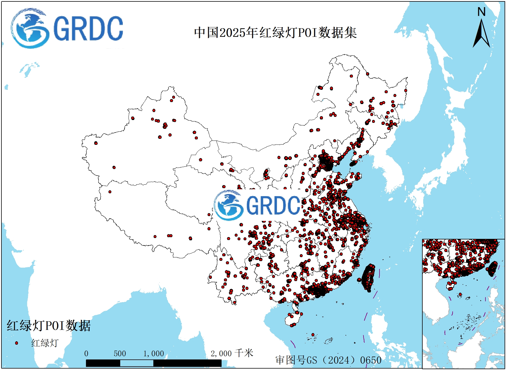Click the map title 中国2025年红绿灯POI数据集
pos(275,32)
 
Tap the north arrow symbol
pos(481,34)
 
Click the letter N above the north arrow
pos(481,12)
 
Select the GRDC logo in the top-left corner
pos(67,29)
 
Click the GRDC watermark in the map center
pos(257,205)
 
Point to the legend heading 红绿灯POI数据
pos(49,326)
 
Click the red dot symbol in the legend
pos(17,343)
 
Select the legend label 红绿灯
pos(45,343)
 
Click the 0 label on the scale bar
pos(86,354)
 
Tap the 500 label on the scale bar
pos(120,354)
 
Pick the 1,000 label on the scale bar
pos(154,354)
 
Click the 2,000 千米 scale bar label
pos(232,353)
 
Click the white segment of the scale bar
pos(136,363)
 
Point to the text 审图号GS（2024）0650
pos(328,360)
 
